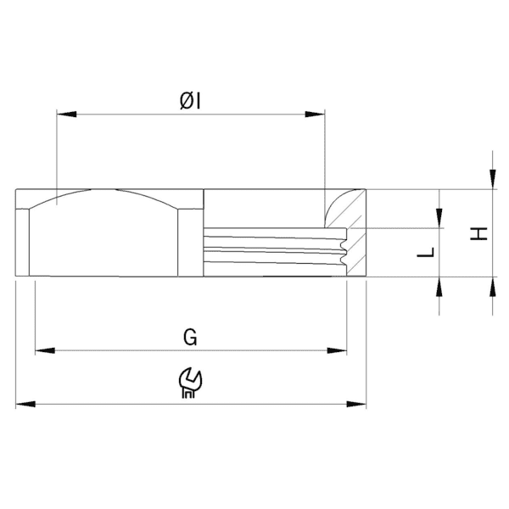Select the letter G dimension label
[191, 338]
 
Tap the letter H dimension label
[480, 232]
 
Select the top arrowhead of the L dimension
[439, 220]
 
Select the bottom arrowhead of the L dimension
[439, 286]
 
